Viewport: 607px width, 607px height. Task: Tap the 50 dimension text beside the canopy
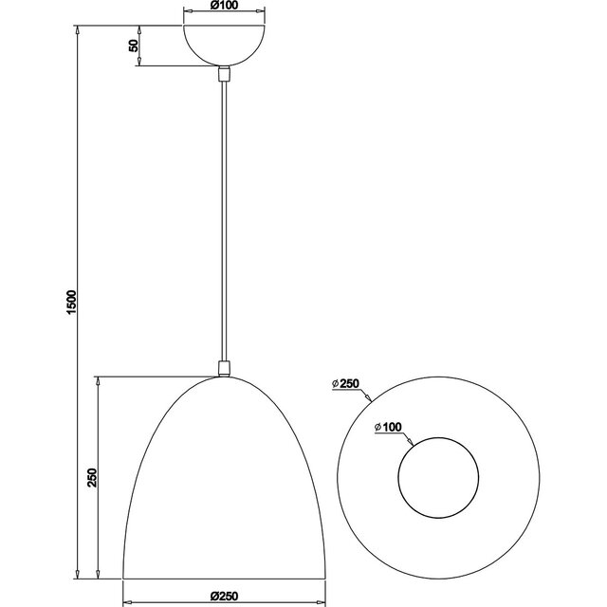tap(134, 45)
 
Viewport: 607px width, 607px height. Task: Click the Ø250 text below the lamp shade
tap(224, 595)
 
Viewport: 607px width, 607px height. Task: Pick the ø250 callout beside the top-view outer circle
tap(348, 383)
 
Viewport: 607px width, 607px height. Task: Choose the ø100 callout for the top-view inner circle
tap(390, 428)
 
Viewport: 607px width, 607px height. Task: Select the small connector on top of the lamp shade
tap(224, 368)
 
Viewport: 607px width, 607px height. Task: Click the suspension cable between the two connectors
tap(224, 218)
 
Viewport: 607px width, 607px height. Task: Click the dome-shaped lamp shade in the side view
tap(224, 484)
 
